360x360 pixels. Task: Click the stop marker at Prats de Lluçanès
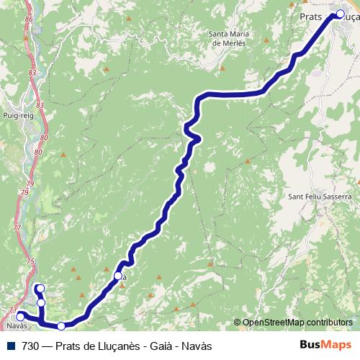(x=340, y=13)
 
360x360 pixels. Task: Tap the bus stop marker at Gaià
(x=117, y=276)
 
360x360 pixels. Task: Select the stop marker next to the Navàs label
(x=21, y=315)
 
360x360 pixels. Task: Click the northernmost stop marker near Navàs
(x=40, y=289)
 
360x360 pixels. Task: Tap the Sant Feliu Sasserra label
(x=319, y=197)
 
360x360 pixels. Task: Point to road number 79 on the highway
(x=25, y=194)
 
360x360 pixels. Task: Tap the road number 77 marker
(x=17, y=228)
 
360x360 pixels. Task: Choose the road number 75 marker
(x=30, y=261)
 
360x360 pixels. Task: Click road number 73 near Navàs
(x=12, y=310)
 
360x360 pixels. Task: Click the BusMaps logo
(x=325, y=345)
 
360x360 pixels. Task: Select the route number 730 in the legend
(x=30, y=346)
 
